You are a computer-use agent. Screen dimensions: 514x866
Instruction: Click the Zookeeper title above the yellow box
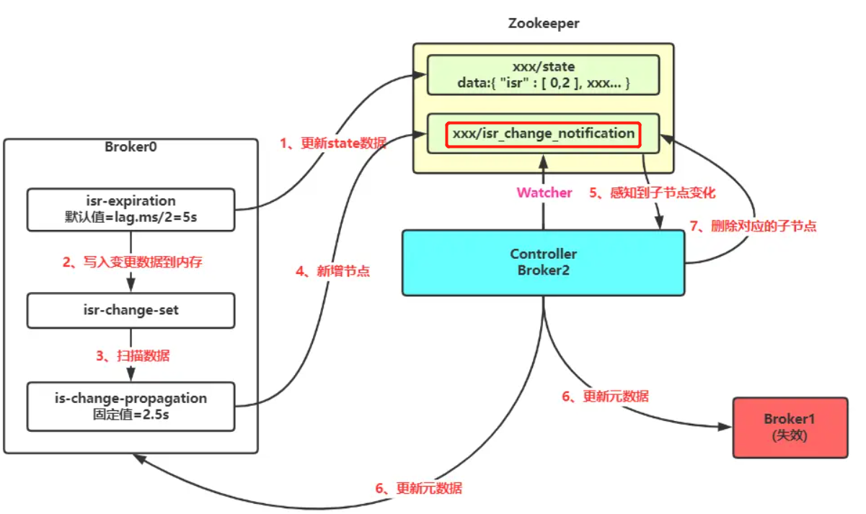point(543,24)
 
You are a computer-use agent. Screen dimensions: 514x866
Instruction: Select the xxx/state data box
point(543,74)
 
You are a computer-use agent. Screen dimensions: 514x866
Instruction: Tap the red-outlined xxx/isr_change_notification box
point(543,133)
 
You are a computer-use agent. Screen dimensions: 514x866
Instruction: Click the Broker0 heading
point(131,147)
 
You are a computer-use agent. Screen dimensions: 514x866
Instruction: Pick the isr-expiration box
point(131,209)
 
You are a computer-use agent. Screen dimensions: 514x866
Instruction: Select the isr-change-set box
point(131,310)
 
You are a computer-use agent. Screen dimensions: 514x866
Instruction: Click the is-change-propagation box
point(131,406)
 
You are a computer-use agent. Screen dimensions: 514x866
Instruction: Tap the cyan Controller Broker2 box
point(543,262)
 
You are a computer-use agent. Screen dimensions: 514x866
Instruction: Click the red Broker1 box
point(790,427)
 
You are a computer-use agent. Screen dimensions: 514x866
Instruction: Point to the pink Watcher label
point(544,192)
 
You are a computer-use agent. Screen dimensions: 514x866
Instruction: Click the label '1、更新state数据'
point(332,143)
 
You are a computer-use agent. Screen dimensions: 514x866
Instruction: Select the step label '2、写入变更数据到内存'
point(132,262)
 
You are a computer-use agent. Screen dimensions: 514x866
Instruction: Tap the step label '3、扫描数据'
point(133,355)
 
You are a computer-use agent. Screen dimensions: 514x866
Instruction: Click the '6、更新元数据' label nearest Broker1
point(605,396)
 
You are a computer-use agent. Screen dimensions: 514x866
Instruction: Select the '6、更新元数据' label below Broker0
point(418,488)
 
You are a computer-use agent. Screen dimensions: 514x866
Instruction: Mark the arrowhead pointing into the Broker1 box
point(727,427)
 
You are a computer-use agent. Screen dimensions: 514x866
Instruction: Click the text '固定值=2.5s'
point(131,415)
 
